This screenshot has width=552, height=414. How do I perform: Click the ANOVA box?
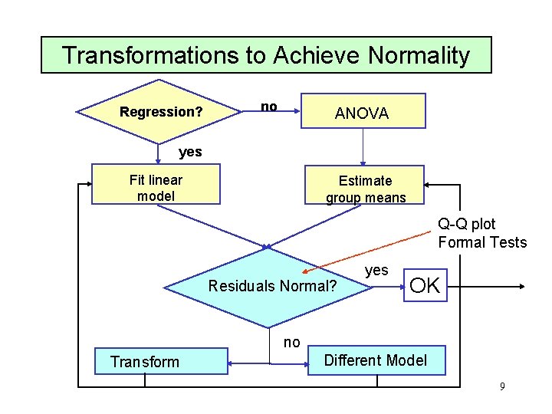362,111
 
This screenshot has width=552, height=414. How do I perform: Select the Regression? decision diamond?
160,112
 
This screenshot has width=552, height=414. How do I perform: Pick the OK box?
425,285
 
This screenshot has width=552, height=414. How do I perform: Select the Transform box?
160,361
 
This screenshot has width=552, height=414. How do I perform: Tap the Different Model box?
376,360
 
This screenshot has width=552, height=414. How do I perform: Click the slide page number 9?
502,386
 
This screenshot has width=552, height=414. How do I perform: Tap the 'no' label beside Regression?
268,107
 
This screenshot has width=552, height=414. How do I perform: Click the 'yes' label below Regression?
190,152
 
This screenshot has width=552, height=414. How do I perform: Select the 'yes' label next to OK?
376,270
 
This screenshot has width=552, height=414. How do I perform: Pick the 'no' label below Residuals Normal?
291,343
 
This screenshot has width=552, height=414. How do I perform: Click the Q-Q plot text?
467,224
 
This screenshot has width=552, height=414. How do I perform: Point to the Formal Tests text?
482,243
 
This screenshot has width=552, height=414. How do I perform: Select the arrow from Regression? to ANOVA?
288,111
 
